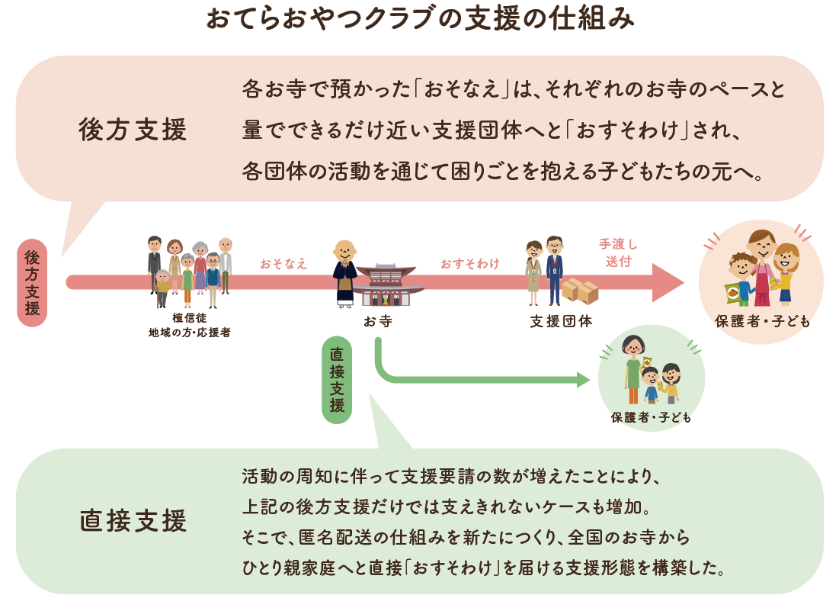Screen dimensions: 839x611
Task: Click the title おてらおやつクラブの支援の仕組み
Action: point(420,18)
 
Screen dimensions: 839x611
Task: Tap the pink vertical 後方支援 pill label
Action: point(32,283)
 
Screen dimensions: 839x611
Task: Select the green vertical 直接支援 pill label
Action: point(337,380)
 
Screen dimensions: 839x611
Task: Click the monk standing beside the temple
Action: point(345,274)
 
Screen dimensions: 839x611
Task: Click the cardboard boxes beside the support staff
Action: point(580,291)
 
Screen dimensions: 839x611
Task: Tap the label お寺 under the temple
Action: point(378,321)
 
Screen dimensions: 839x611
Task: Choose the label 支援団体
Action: point(562,321)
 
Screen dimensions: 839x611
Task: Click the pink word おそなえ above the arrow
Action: point(283,263)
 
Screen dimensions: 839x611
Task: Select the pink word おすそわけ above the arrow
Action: point(470,263)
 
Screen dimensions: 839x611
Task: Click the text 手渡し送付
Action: point(619,252)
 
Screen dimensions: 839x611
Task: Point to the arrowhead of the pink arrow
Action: point(668,283)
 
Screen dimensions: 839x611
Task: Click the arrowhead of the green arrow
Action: point(583,380)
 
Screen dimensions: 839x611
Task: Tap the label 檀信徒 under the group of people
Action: point(190,318)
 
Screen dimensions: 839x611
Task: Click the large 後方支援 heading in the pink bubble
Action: point(133,130)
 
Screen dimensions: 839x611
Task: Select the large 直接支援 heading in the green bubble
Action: point(133,521)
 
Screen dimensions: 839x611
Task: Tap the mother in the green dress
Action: point(633,369)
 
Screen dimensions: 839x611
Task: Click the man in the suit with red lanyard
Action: point(554,271)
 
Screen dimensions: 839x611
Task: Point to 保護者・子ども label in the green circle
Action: point(652,417)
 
